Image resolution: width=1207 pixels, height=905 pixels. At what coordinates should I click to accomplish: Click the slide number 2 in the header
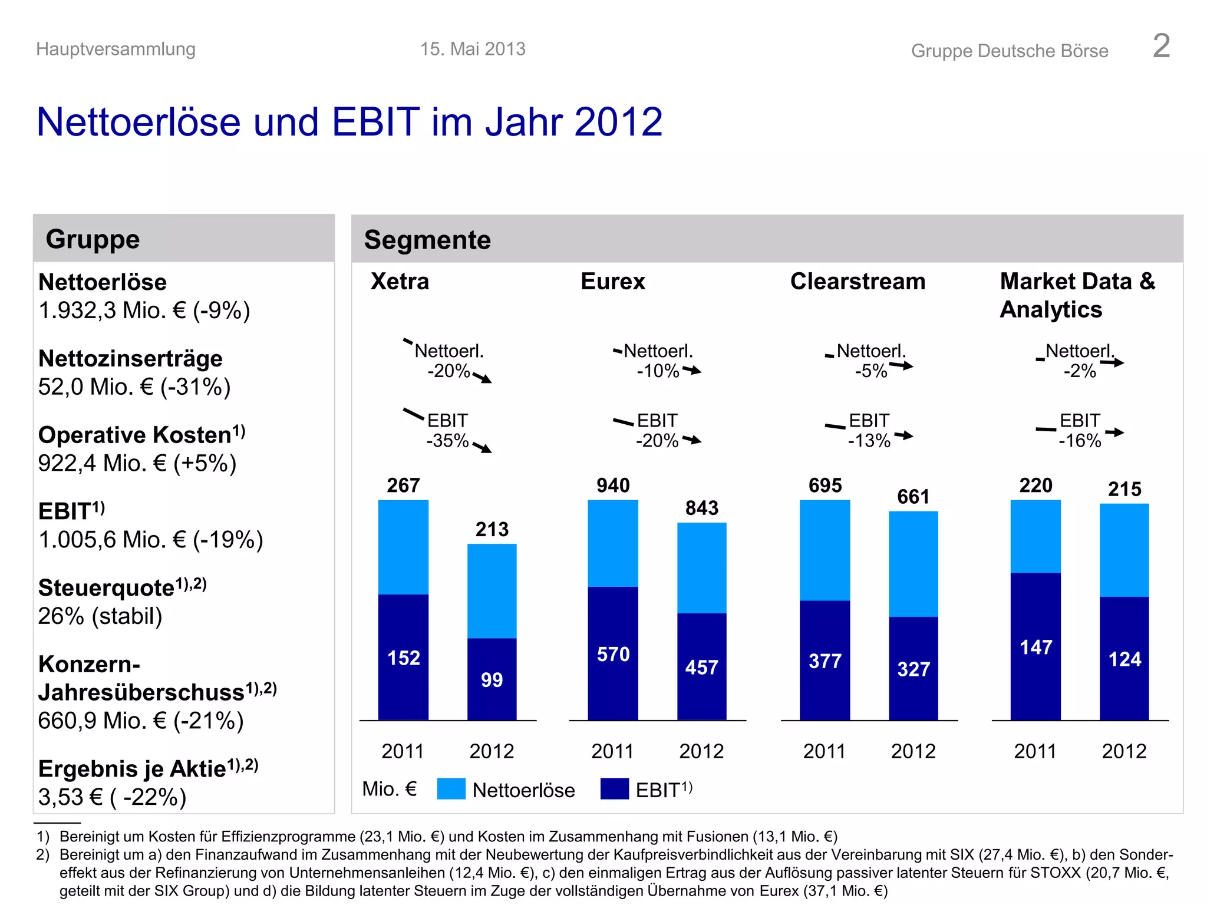tap(1161, 46)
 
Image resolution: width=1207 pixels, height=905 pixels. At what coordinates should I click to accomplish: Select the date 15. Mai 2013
tap(473, 49)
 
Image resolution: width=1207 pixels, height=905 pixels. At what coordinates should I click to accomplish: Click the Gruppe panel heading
tap(93, 239)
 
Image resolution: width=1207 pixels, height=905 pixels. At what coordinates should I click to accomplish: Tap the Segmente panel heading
tap(427, 240)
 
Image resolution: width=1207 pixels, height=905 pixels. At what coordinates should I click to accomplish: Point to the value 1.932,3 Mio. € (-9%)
tap(144, 311)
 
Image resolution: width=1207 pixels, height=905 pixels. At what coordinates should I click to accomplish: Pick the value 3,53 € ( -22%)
tap(112, 797)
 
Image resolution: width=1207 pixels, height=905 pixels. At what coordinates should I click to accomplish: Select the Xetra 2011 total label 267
tap(403, 485)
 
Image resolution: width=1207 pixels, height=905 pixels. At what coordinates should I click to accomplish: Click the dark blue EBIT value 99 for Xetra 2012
tap(492, 680)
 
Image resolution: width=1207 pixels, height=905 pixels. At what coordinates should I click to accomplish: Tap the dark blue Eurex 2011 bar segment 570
tap(613, 654)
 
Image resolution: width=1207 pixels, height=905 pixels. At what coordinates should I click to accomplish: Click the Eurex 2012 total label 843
tap(701, 508)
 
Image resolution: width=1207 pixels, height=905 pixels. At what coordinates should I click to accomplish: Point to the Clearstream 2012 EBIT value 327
tap(914, 669)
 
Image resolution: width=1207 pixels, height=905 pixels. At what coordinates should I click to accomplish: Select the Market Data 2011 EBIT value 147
tap(1035, 648)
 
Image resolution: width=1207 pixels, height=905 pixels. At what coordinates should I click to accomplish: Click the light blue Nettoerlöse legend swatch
tap(451, 789)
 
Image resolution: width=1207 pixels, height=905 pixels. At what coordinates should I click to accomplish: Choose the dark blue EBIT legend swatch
tap(614, 789)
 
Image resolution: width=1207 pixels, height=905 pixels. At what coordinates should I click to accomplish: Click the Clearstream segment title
tap(858, 282)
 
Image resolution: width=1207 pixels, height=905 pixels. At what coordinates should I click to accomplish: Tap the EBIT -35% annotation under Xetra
tap(448, 431)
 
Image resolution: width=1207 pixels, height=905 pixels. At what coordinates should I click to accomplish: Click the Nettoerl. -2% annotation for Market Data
tap(1080, 361)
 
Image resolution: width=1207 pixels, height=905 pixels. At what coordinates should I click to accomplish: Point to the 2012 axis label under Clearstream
tap(913, 751)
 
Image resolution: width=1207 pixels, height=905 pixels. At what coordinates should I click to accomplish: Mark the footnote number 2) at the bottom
tap(42, 854)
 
